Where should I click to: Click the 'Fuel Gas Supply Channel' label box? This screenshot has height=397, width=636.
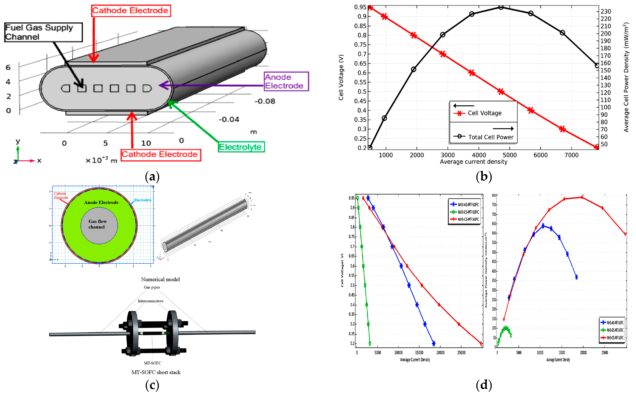point(43,32)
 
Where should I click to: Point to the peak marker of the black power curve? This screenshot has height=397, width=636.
point(501,7)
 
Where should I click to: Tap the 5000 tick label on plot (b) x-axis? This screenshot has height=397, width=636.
point(509,155)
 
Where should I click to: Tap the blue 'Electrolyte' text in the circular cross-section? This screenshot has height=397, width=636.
point(143,200)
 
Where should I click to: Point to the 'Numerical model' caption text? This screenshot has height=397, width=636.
point(160,279)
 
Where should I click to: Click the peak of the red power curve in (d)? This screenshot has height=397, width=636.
point(582,197)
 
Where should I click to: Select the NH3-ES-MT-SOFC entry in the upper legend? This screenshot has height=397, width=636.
point(468,212)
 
